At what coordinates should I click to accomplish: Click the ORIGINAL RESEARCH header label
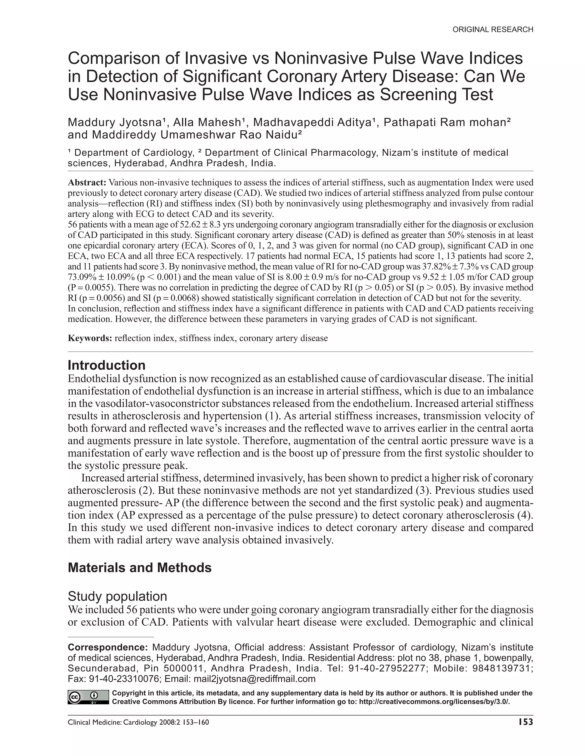[492, 30]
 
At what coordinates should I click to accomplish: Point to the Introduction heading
[106, 365]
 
